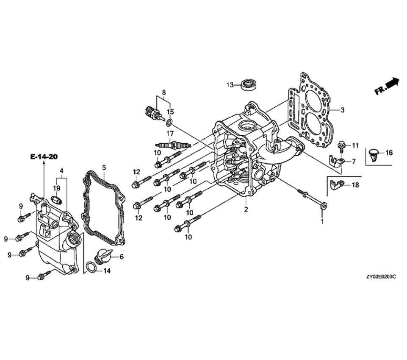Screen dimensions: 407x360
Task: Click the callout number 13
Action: click(x=230, y=85)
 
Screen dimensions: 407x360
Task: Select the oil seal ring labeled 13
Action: click(x=249, y=85)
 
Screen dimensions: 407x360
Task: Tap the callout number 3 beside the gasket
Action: click(x=342, y=110)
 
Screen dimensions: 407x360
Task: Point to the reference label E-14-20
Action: click(x=44, y=156)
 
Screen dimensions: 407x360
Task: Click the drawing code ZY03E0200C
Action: click(x=381, y=277)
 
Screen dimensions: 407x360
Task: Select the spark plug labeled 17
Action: click(x=173, y=145)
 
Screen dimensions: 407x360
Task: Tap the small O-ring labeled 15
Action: click(x=169, y=122)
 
